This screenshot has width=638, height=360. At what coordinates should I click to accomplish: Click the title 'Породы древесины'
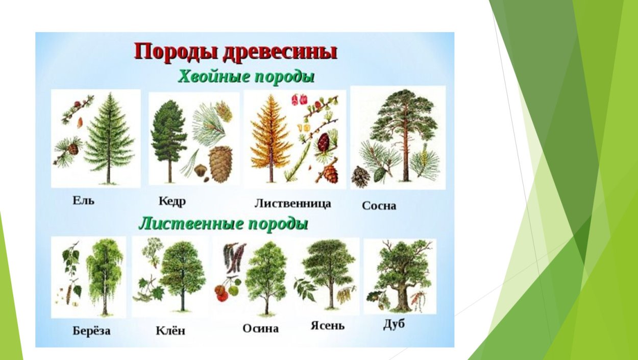[235, 53]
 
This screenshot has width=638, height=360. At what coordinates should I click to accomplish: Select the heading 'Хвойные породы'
[246, 77]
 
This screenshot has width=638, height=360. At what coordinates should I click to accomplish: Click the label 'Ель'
[83, 200]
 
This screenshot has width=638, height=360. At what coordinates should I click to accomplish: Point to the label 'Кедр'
[172, 201]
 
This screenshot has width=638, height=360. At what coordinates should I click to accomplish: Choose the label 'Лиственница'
[292, 203]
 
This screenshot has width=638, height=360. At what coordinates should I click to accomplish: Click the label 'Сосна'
[379, 206]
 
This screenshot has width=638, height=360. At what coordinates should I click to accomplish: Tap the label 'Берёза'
[91, 330]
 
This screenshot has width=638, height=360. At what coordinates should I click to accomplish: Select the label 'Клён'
[170, 330]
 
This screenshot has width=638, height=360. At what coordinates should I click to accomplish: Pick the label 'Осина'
[260, 328]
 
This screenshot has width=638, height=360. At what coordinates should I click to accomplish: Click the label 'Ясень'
[328, 325]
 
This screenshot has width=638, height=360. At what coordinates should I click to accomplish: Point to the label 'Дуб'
[394, 324]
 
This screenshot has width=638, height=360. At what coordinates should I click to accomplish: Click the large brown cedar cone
[220, 164]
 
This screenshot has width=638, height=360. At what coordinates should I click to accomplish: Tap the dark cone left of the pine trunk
[361, 177]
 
